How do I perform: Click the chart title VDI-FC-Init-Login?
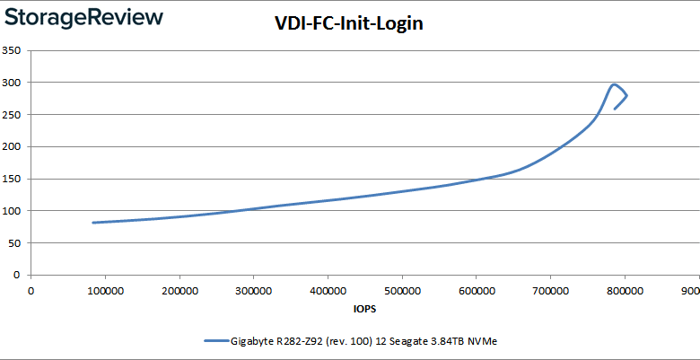tap(348, 24)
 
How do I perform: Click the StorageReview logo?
tap(85, 17)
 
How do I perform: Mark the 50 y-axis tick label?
tap(14, 243)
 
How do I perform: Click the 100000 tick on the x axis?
tap(105, 290)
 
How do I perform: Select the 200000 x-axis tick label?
tap(179, 290)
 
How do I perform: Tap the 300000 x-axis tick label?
tap(254, 290)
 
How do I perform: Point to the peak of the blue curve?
tap(614, 84)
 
